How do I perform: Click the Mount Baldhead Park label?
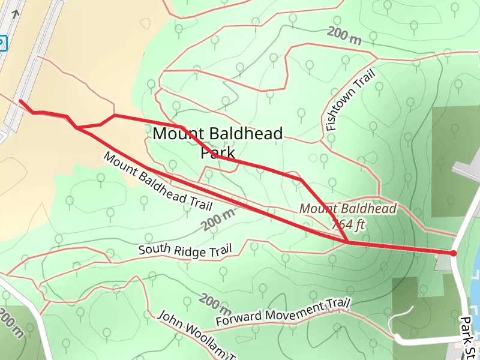217,142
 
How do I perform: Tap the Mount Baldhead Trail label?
158,181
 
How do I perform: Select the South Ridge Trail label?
185,250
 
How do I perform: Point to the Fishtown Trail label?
350,100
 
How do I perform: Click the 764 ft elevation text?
349,224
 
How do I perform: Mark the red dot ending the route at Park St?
453,253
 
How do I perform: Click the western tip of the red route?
21,101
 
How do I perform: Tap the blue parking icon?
2,43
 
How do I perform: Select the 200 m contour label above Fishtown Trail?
345,36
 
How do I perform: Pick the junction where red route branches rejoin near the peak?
347,242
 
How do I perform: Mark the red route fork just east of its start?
77,127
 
